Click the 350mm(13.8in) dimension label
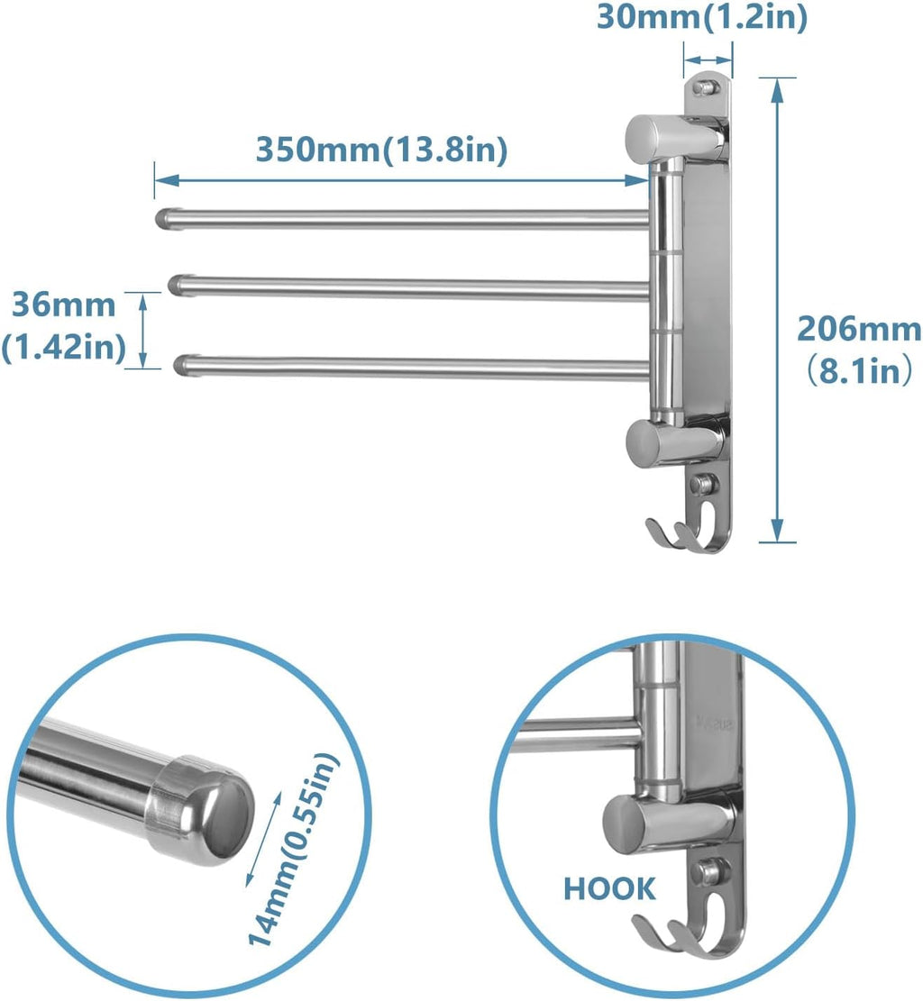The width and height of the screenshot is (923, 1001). pos(381,149)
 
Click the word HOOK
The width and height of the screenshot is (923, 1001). pos(610,888)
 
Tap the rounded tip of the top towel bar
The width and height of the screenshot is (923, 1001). pos(165,219)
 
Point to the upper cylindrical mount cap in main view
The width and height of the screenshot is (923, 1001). pos(653,137)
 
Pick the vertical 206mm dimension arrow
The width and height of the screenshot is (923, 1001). pos(777,311)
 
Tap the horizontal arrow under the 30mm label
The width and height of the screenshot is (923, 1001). pos(708,61)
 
